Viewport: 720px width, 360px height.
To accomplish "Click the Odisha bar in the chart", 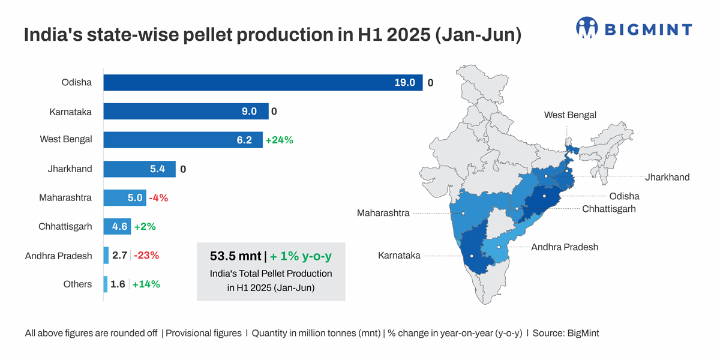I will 263,83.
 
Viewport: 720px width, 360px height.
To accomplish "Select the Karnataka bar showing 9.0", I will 185,111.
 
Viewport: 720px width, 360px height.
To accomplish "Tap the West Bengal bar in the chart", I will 182,140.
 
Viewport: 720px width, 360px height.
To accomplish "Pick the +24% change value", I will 279,140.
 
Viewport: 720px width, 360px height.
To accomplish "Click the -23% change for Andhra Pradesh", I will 146,256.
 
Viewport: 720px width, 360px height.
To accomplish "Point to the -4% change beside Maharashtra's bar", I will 158,198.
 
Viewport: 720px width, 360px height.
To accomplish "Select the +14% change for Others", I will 146,284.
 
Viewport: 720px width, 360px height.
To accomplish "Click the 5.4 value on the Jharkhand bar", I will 157,169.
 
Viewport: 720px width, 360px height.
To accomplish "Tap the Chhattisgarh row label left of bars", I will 65,226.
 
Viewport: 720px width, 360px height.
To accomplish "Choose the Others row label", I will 77,284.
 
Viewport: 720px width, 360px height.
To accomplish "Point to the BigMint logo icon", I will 587,28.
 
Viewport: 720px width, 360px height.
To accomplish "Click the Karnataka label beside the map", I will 399,256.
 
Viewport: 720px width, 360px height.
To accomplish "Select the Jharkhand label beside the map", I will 667,177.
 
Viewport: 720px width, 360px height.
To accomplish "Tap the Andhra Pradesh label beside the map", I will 565,247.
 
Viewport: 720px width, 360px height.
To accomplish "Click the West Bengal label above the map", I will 570,115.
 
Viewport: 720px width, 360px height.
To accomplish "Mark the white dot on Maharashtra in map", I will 463,213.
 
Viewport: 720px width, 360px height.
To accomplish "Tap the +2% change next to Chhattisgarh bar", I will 145,227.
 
